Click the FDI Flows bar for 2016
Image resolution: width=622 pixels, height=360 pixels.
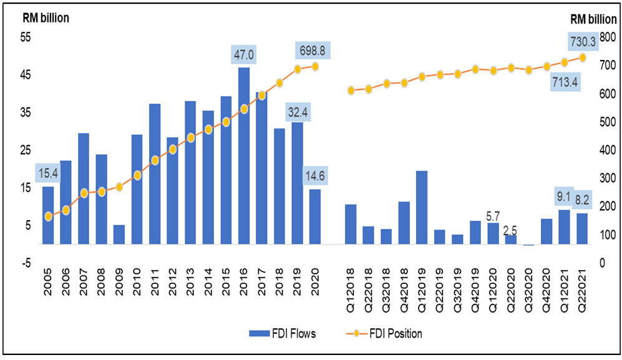[x=244, y=155]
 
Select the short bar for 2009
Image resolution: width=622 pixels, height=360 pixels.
[x=119, y=235]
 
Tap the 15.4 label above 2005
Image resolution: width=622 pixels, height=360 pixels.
[x=48, y=173]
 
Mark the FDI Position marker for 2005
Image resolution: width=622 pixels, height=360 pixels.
[x=48, y=216]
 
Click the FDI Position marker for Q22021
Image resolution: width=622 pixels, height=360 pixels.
[x=583, y=57]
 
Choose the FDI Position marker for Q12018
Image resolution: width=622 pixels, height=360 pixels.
[x=351, y=90]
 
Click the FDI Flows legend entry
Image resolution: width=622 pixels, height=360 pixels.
[x=283, y=334]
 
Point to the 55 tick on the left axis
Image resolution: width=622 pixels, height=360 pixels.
[x=27, y=37]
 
